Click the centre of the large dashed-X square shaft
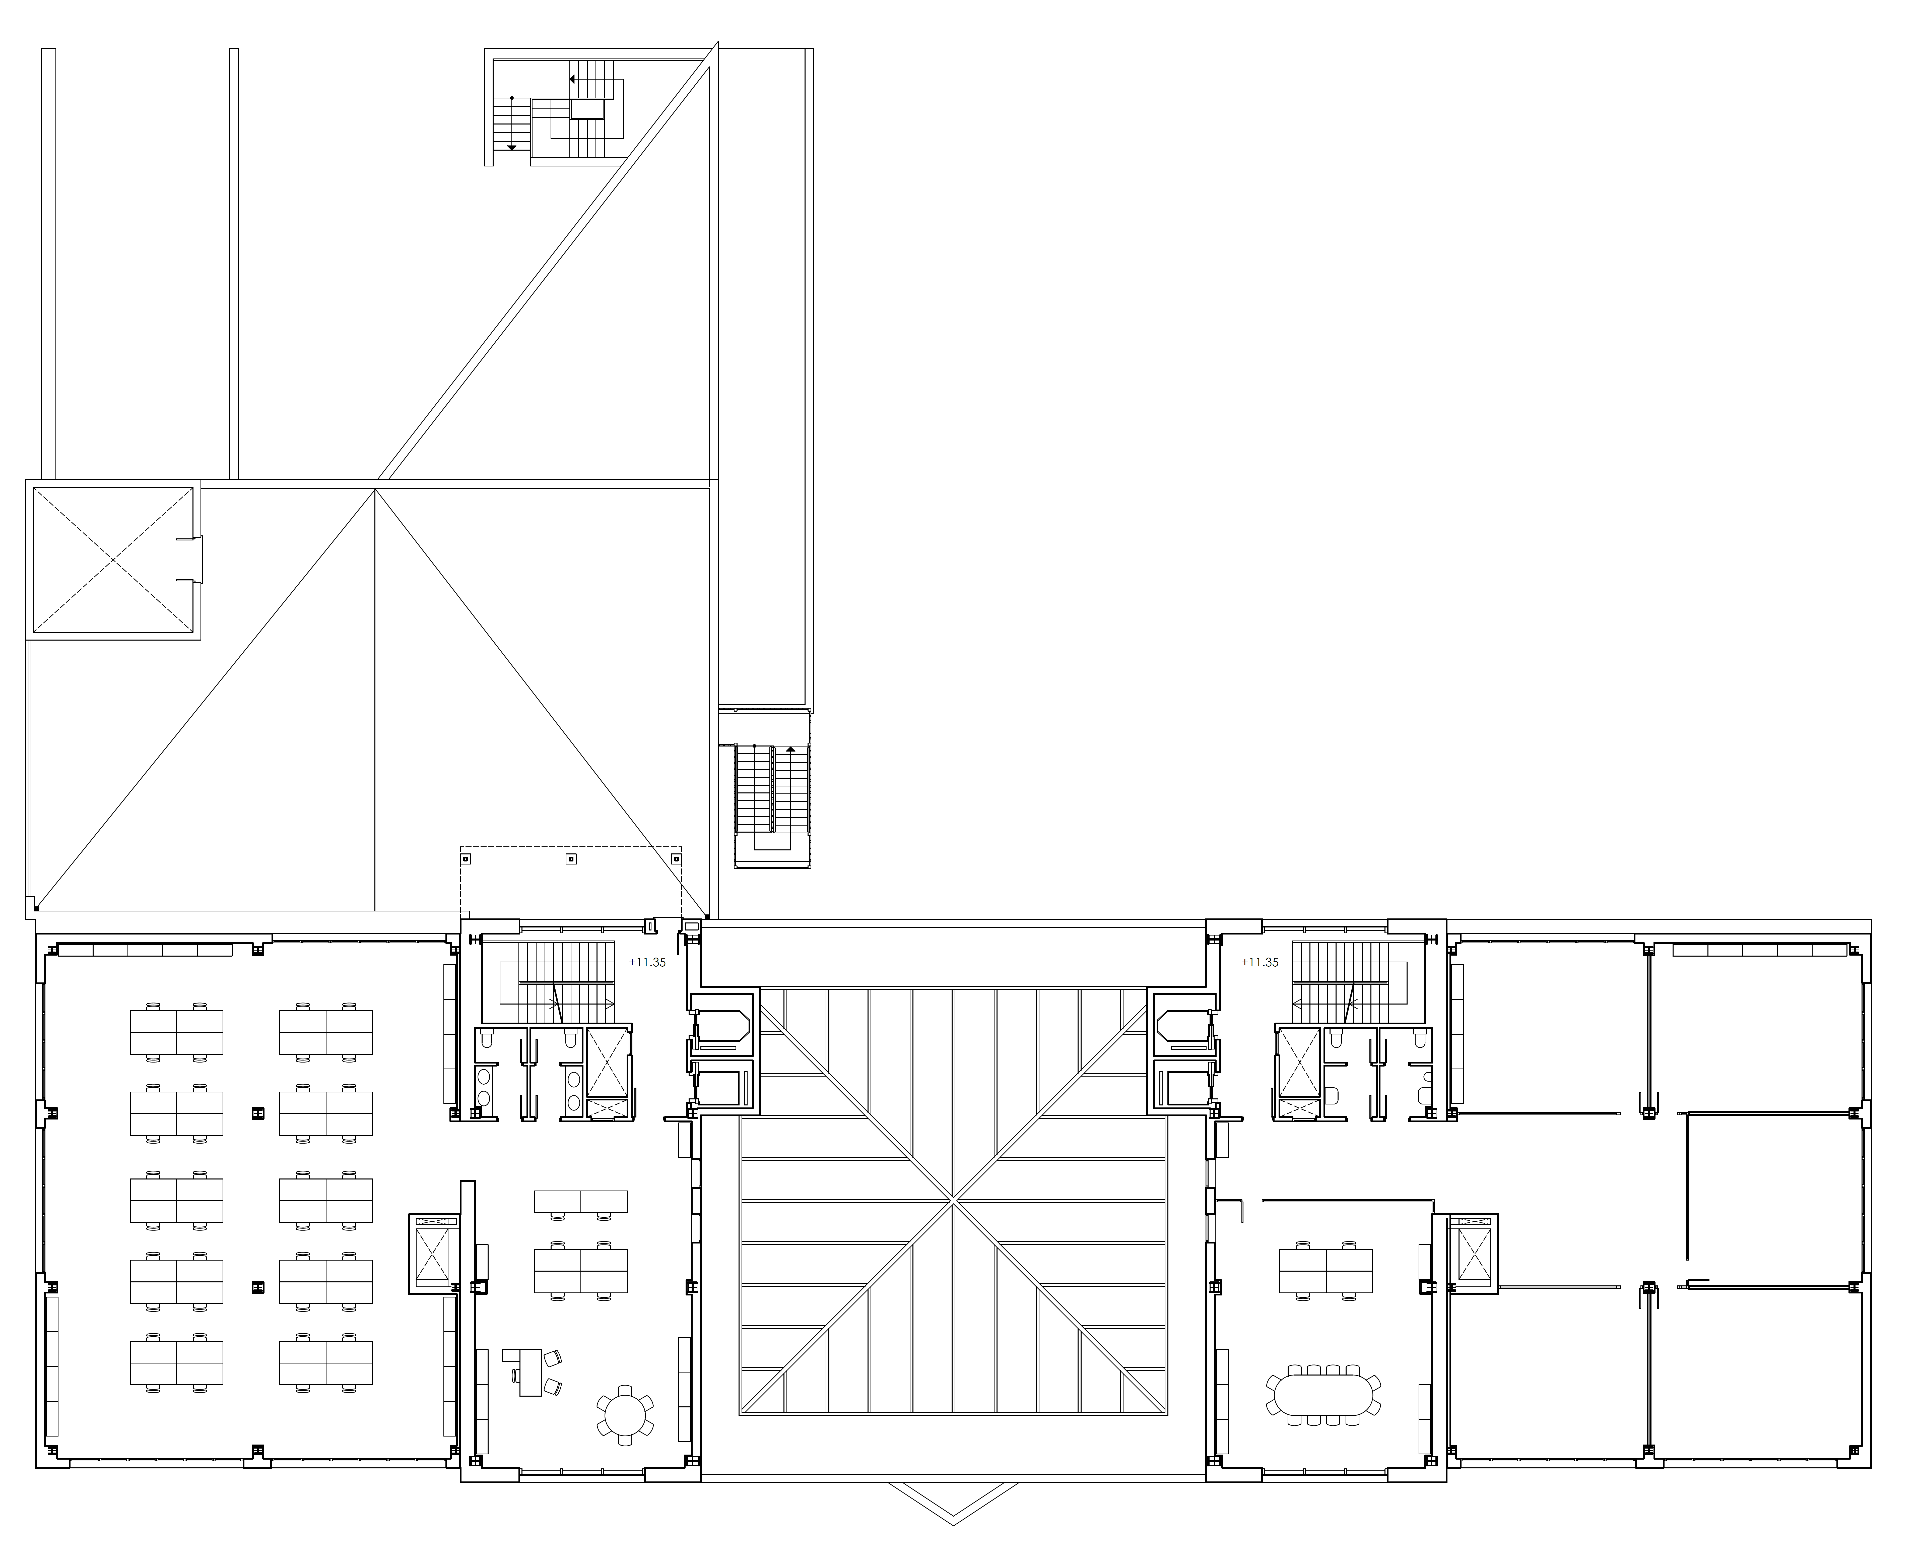(113, 560)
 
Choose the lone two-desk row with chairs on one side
(580, 1203)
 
